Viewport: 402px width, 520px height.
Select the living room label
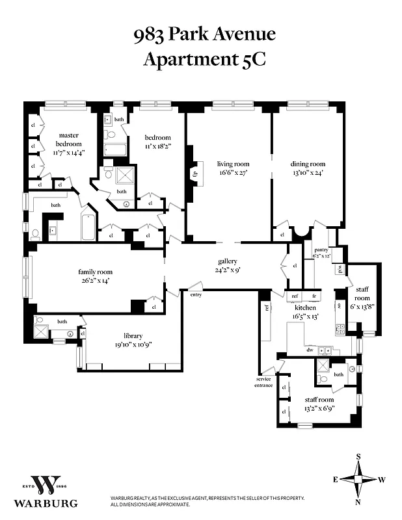point(233,164)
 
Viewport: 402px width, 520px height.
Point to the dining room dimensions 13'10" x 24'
point(308,173)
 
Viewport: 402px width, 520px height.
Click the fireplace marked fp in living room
point(194,174)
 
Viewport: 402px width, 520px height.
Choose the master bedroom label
point(68,139)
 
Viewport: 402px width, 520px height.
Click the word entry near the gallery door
point(196,294)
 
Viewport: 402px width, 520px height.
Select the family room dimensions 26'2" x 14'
point(95,281)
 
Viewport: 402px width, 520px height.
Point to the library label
point(133,335)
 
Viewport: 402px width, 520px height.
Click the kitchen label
point(305,307)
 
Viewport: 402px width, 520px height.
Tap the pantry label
point(321,249)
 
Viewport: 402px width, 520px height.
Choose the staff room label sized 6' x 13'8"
point(362,293)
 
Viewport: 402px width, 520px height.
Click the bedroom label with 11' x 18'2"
point(157,138)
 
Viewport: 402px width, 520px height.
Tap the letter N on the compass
point(358,502)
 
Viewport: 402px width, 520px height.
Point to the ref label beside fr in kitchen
point(295,296)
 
